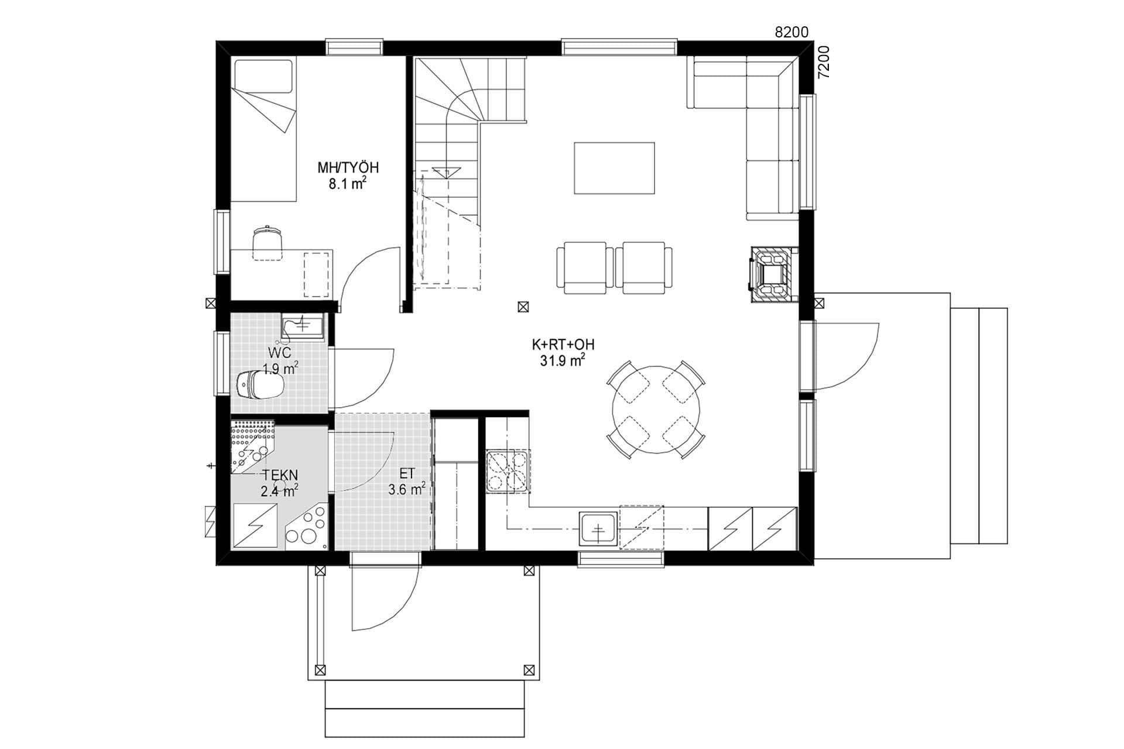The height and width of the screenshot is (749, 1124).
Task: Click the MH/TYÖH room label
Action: point(348,168)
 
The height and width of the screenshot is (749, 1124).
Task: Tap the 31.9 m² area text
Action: point(563,361)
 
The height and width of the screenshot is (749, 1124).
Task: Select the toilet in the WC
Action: point(261,384)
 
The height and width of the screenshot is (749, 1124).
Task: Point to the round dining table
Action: point(656,410)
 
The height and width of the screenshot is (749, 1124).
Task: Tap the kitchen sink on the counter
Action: point(598,530)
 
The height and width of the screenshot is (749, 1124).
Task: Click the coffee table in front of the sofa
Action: point(614,168)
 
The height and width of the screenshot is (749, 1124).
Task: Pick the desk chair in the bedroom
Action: point(268,242)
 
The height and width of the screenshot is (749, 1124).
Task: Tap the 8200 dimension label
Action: point(791,33)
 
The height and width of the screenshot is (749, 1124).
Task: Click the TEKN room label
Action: point(280,475)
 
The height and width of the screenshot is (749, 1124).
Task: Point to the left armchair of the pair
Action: point(584,267)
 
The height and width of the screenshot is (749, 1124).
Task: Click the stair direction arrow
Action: point(448,171)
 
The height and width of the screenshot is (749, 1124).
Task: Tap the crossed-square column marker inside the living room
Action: point(523,306)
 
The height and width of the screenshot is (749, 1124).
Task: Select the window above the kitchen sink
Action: point(622,559)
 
